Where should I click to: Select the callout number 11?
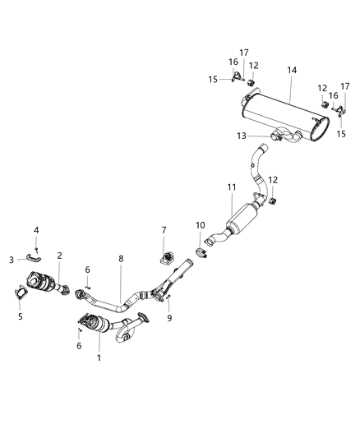(232, 188)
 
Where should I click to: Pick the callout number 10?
(200, 224)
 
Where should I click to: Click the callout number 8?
(121, 258)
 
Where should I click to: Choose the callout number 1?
(99, 357)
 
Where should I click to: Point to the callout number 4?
(36, 229)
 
